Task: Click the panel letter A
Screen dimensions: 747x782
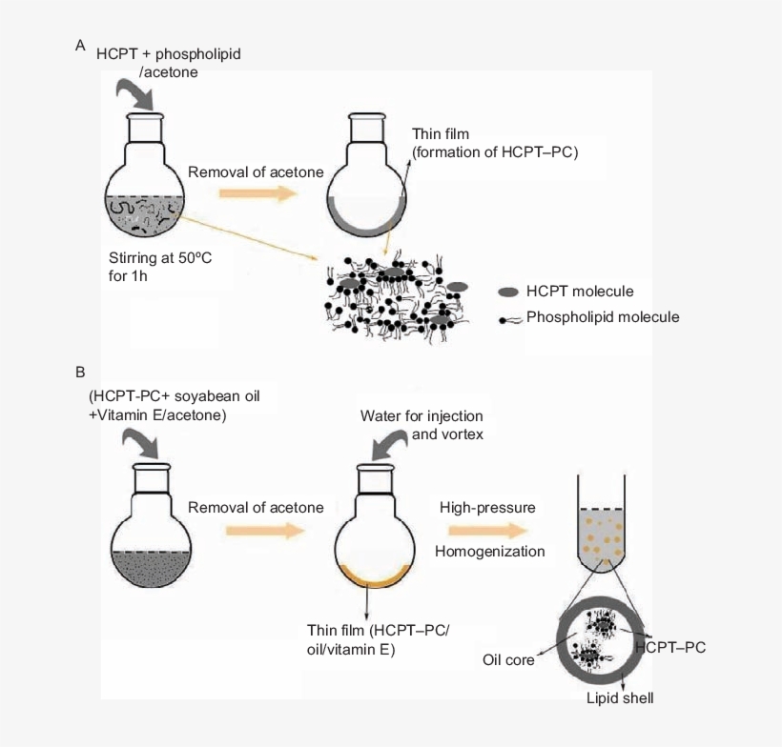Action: (81, 45)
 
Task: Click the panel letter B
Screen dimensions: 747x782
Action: (81, 371)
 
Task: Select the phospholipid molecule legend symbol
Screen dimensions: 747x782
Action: (509, 318)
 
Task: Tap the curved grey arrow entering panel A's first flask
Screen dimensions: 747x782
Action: (137, 93)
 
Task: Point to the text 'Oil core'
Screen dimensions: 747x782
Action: (508, 659)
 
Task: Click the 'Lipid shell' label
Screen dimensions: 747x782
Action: (620, 698)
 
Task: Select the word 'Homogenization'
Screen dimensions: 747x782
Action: (490, 551)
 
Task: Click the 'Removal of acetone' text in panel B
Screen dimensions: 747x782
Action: (256, 507)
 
